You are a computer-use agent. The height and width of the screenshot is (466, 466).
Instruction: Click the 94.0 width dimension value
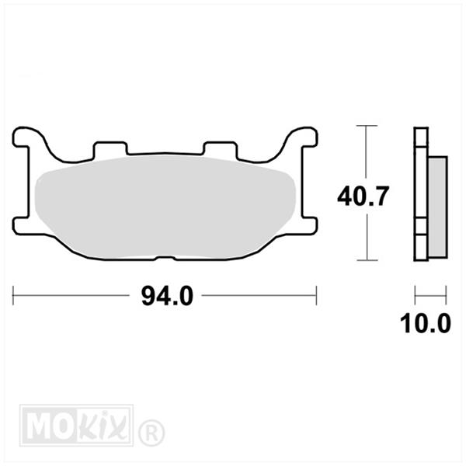point(167,296)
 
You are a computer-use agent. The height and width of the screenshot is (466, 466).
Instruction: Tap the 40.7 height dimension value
point(363,196)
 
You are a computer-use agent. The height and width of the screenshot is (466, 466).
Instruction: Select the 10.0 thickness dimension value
point(426,324)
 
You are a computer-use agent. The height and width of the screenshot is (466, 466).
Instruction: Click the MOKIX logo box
point(76,425)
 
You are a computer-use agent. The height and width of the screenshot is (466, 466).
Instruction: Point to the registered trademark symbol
point(151,432)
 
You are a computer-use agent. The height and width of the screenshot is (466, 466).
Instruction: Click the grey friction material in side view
point(437,207)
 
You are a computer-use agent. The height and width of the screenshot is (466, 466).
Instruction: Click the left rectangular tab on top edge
point(110,148)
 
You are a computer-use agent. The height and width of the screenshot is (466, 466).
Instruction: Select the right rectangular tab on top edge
point(220,148)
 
